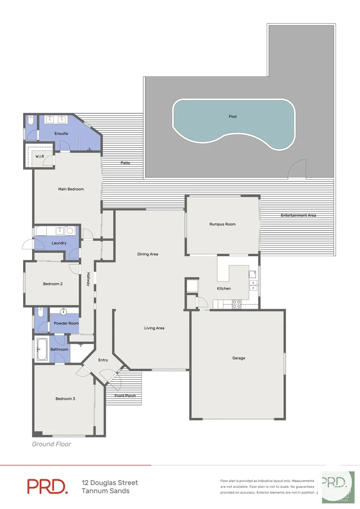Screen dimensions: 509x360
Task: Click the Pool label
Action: pos(232,116)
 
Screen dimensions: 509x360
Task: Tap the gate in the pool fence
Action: pos(297,169)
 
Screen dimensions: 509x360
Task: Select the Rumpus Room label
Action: pos(222,224)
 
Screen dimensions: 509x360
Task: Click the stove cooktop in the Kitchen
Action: pos(237,304)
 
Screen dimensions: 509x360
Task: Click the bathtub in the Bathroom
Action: pos(42,349)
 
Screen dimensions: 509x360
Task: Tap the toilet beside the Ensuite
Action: pos(30,121)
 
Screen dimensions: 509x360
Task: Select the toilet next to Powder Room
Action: pos(40,313)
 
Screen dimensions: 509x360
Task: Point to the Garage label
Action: pos(238,358)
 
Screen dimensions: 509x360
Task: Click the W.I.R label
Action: pos(40,156)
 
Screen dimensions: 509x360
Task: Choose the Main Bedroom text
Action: pos(71,189)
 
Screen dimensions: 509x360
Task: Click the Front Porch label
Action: pos(125,395)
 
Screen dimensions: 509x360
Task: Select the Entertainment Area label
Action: pos(298,215)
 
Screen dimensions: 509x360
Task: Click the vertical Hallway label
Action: pos(88,280)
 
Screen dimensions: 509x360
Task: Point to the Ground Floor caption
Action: pos(51,444)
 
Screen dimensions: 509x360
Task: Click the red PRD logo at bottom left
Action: pos(47,486)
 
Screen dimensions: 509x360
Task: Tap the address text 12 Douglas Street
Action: pos(110,483)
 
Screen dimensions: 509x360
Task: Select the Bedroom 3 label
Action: pos(65,399)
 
